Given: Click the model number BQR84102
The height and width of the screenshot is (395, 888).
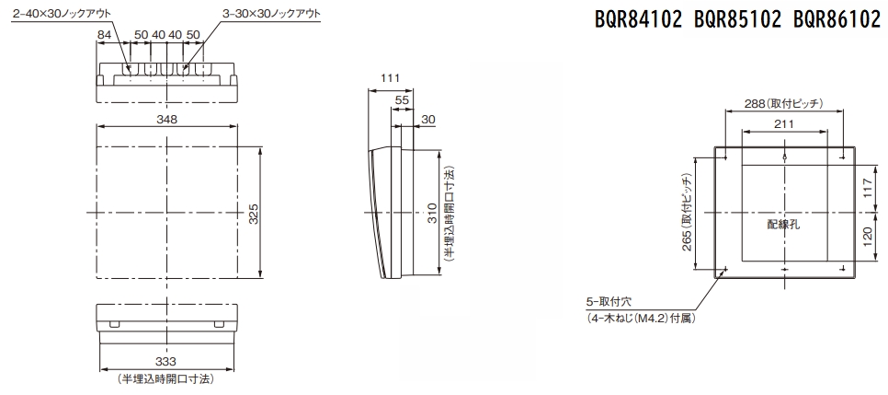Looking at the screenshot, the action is [x=638, y=20].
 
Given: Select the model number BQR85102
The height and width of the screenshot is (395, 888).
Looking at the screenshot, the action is [x=737, y=20].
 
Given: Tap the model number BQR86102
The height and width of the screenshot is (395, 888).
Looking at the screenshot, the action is [x=837, y=20].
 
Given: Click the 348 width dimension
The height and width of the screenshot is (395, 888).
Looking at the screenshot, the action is [x=167, y=119].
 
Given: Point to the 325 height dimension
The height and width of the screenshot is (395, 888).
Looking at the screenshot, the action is [x=254, y=214].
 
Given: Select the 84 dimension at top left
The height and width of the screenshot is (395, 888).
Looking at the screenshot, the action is [x=104, y=35].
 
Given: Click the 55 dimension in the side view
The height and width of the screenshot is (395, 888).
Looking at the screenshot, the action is [x=402, y=99].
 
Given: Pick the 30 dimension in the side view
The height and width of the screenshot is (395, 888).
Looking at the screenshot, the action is [x=428, y=119].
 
